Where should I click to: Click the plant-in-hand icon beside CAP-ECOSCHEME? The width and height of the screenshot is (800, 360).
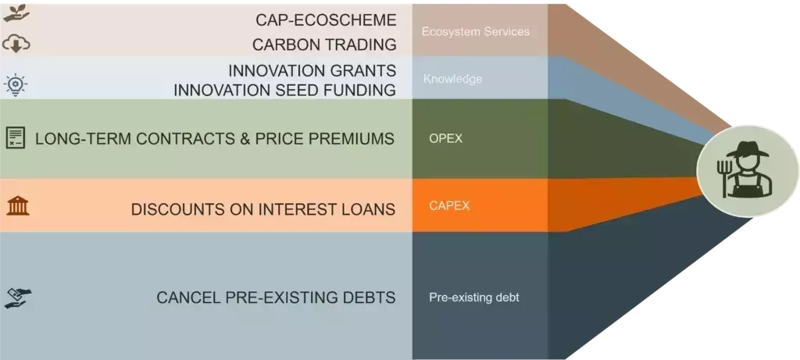(x=16, y=13)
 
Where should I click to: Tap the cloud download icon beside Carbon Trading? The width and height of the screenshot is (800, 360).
(x=16, y=45)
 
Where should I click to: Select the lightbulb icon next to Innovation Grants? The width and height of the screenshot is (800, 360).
(x=16, y=84)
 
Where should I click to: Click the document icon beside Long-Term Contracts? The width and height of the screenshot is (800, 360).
(x=16, y=137)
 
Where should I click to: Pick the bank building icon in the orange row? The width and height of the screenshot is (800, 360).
(x=18, y=206)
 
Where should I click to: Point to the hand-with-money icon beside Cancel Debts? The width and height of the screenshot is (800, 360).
(x=18, y=298)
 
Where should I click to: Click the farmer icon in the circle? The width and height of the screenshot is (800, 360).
(x=745, y=169)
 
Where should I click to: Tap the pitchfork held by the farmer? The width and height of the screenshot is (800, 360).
(x=723, y=177)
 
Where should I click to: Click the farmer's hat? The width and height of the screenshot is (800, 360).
(x=748, y=148)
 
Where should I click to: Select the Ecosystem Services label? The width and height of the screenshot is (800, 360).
(x=476, y=31)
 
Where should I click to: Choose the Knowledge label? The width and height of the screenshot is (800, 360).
(x=452, y=79)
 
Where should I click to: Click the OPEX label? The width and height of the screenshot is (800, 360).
(x=445, y=138)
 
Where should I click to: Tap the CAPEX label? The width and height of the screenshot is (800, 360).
(x=449, y=206)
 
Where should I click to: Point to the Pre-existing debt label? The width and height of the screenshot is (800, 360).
(x=474, y=298)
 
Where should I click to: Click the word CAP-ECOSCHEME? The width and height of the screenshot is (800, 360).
(x=326, y=20)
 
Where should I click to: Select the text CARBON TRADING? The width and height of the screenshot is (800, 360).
(x=324, y=45)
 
